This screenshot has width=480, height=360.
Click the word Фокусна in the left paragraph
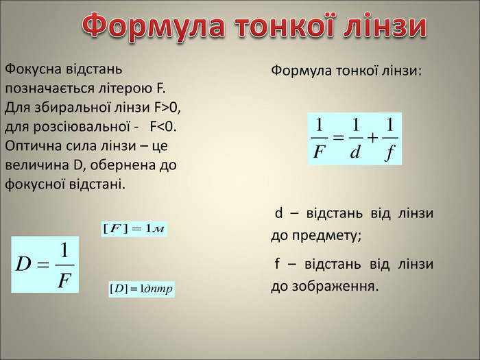(x=32, y=69)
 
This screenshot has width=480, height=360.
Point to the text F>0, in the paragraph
(x=167, y=108)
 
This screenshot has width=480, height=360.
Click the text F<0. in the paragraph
(x=163, y=126)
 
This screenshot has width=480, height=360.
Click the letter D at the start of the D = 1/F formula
(x=23, y=264)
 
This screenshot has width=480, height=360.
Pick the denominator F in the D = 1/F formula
(x=64, y=280)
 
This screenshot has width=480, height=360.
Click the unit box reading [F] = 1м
(x=134, y=229)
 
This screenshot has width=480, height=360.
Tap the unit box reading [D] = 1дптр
(x=141, y=289)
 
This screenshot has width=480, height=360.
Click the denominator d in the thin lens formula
(x=355, y=152)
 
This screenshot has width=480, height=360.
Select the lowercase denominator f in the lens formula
(x=389, y=153)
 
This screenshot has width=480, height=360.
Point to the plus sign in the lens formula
(x=372, y=138)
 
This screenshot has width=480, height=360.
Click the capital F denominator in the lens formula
(x=319, y=152)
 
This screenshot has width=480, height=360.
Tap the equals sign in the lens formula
(x=338, y=138)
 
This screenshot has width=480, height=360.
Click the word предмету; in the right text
(x=326, y=236)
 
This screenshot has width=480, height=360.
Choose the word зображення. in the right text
(x=335, y=287)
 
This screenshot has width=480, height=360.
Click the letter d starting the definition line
(x=278, y=213)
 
